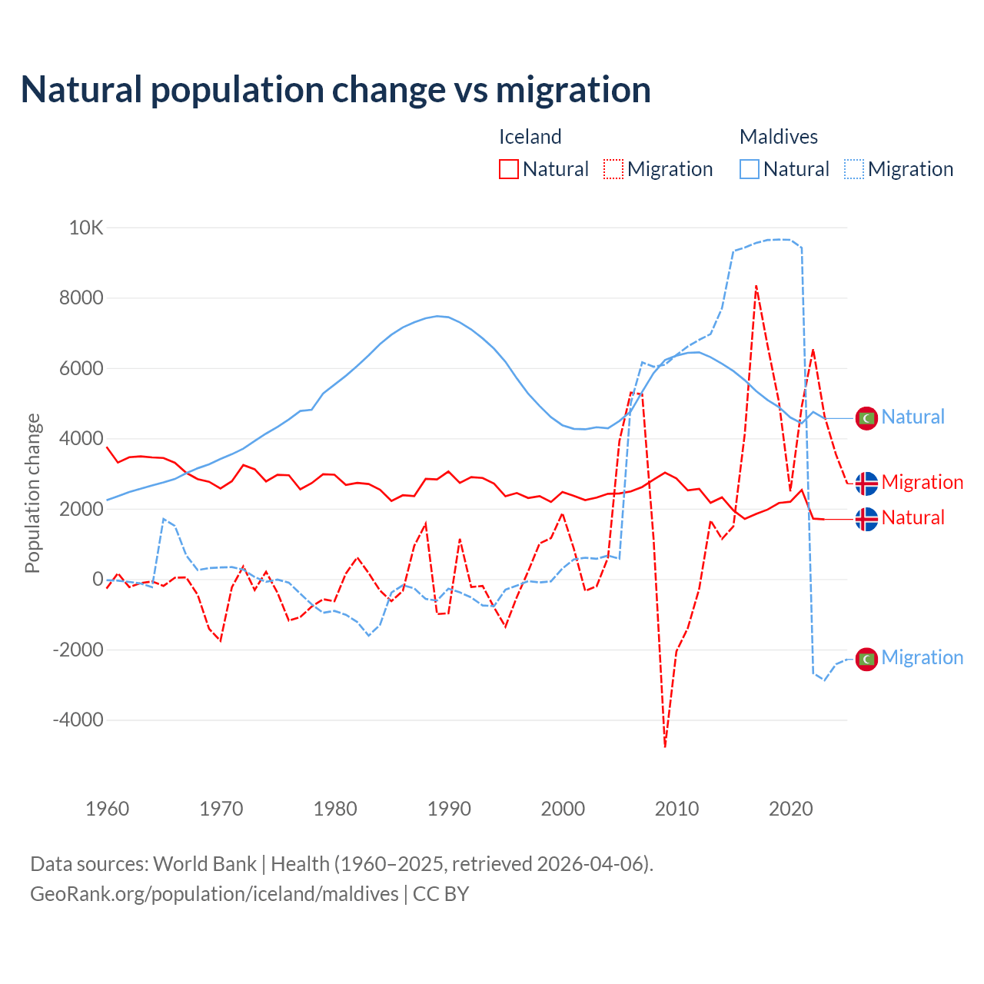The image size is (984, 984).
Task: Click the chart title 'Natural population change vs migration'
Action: tap(336, 90)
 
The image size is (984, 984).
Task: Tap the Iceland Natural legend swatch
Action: tap(508, 169)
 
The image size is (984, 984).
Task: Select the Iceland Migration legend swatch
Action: tap(613, 169)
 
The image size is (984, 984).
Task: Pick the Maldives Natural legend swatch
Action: tap(750, 169)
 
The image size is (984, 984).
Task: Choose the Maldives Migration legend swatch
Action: tap(854, 169)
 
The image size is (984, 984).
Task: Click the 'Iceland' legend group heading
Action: tap(530, 137)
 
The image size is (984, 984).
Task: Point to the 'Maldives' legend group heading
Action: tap(778, 137)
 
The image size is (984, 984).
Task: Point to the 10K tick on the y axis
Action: tap(86, 228)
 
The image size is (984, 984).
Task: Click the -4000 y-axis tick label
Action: tap(78, 720)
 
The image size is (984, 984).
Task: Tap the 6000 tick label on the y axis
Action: tap(81, 368)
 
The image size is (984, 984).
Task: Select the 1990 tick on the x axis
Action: tap(449, 809)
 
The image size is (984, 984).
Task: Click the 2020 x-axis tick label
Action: tap(790, 809)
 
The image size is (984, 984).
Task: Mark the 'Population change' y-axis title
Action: tap(32, 493)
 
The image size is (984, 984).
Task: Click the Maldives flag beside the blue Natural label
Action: tap(866, 418)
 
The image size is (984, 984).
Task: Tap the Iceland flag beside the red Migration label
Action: tap(866, 484)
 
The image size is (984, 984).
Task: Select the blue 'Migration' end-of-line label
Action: tap(922, 657)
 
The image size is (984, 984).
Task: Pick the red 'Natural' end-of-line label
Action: tap(913, 517)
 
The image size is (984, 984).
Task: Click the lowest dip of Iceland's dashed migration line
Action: tap(665, 746)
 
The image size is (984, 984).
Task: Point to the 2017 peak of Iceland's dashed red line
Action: tap(756, 286)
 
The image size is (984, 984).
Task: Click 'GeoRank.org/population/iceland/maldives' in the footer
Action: tap(214, 894)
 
